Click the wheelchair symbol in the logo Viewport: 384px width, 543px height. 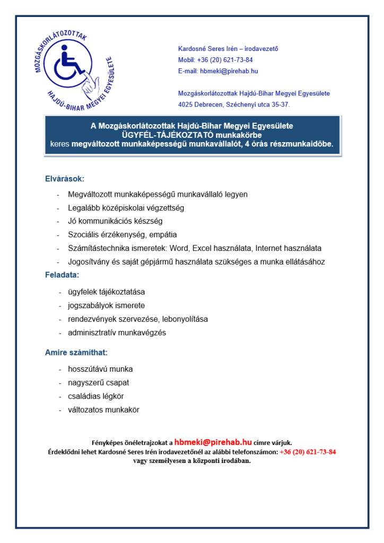(x=70, y=59)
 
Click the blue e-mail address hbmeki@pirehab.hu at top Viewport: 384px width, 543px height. (x=229, y=71)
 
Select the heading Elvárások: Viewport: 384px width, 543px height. (x=64, y=179)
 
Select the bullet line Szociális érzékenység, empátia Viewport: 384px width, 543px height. (x=122, y=234)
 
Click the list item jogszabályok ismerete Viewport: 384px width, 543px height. (x=106, y=305)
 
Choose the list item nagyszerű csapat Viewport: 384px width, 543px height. (x=98, y=382)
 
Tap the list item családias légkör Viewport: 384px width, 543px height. (x=95, y=396)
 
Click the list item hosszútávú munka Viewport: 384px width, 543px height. (x=100, y=369)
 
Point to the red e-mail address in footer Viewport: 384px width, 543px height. (x=213, y=441)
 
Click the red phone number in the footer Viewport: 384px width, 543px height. (x=308, y=452)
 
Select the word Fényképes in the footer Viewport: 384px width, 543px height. (x=107, y=442)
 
